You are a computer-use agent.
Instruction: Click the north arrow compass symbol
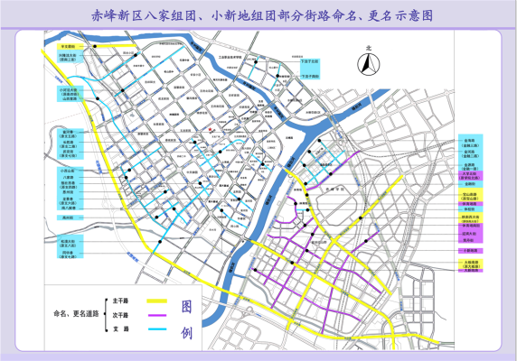tap(368, 65)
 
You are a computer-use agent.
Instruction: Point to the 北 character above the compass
tap(368, 50)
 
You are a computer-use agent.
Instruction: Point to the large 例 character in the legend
tap(186, 332)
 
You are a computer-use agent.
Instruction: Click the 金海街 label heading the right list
tap(470, 141)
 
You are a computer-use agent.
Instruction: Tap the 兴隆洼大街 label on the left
tap(68, 55)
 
